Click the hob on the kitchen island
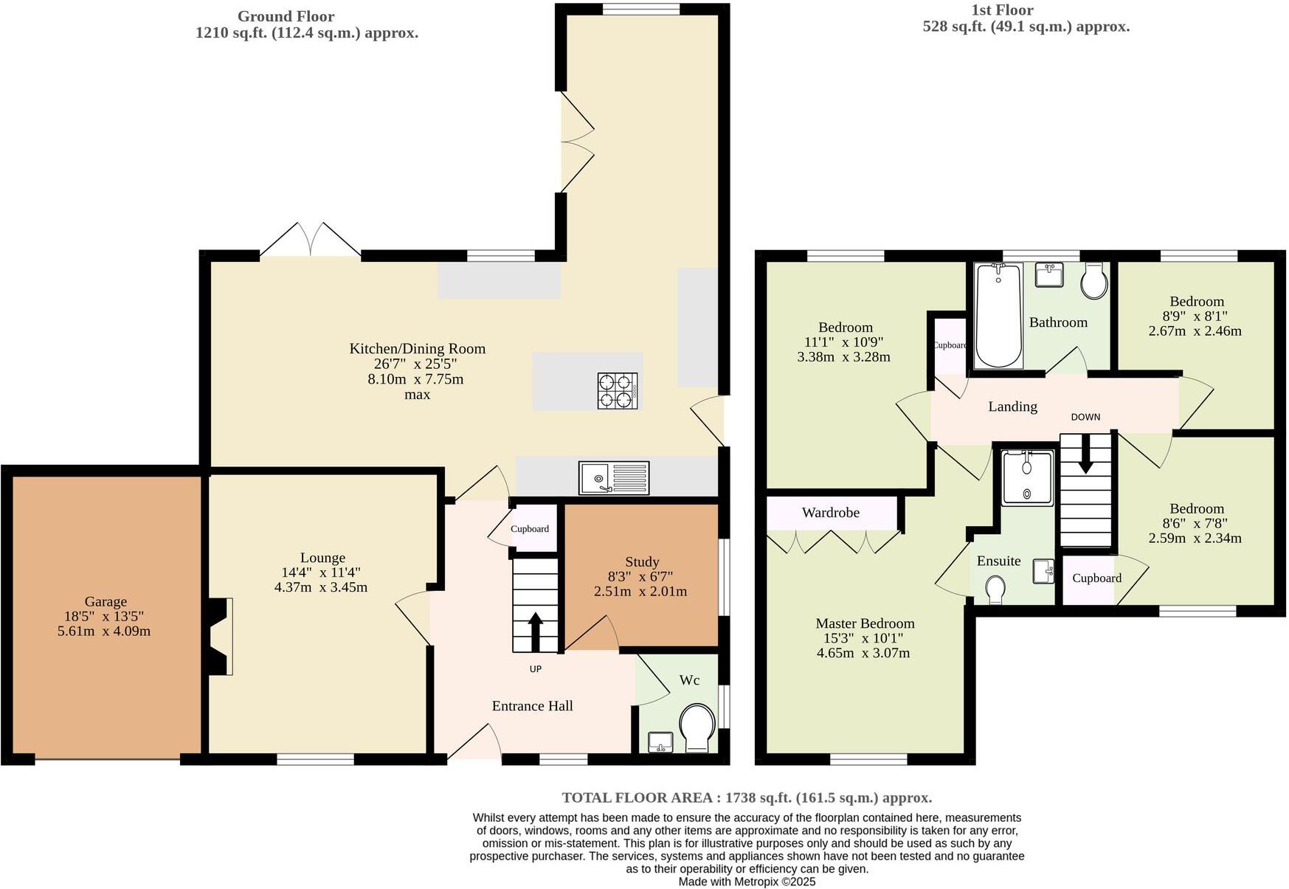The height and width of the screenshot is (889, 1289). pyautogui.click(x=618, y=391)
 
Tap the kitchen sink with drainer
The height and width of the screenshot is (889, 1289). pyautogui.click(x=614, y=478)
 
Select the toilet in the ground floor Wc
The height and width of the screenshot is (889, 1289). pyautogui.click(x=697, y=727)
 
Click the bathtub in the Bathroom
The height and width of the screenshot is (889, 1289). pyautogui.click(x=998, y=315)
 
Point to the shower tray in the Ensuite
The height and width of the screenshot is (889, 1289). pyautogui.click(x=1027, y=478)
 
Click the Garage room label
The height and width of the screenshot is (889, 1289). pyautogui.click(x=105, y=602)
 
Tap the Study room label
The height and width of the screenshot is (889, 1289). pyautogui.click(x=641, y=562)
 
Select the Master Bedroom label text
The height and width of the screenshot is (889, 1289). pyautogui.click(x=865, y=623)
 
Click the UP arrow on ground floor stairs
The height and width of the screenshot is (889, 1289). pyautogui.click(x=536, y=632)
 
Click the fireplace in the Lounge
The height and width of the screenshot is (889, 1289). pyautogui.click(x=220, y=636)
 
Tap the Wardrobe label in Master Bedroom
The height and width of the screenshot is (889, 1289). pyautogui.click(x=830, y=513)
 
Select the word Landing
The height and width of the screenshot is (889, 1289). pyautogui.click(x=1012, y=407)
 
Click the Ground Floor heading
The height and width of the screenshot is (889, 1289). pyautogui.click(x=286, y=16)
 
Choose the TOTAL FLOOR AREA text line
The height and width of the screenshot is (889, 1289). pyautogui.click(x=747, y=798)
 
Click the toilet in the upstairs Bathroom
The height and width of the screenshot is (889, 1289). pyautogui.click(x=1094, y=282)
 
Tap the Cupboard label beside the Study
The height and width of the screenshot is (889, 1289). pyautogui.click(x=530, y=529)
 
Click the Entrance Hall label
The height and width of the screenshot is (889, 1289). pyautogui.click(x=532, y=706)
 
